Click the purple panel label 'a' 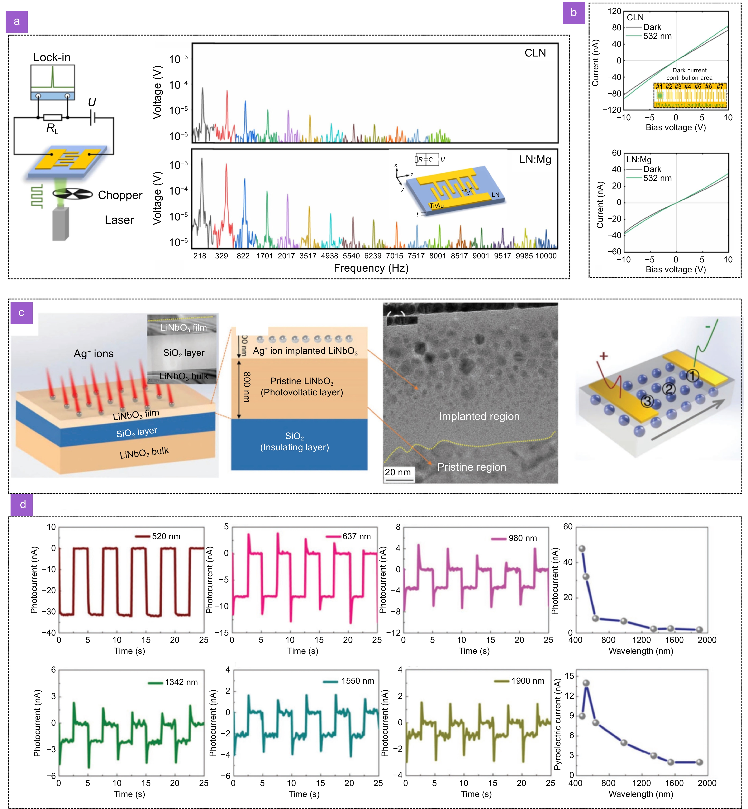click(17, 21)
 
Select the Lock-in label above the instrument click(52, 57)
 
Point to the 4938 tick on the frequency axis click(330, 256)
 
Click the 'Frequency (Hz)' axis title click(371, 268)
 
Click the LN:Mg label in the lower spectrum click(535, 159)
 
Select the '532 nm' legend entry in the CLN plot click(657, 36)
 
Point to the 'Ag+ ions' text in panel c click(93, 354)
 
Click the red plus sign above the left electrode click(604, 356)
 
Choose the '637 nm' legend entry click(356, 536)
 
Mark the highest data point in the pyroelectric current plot click(586, 683)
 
